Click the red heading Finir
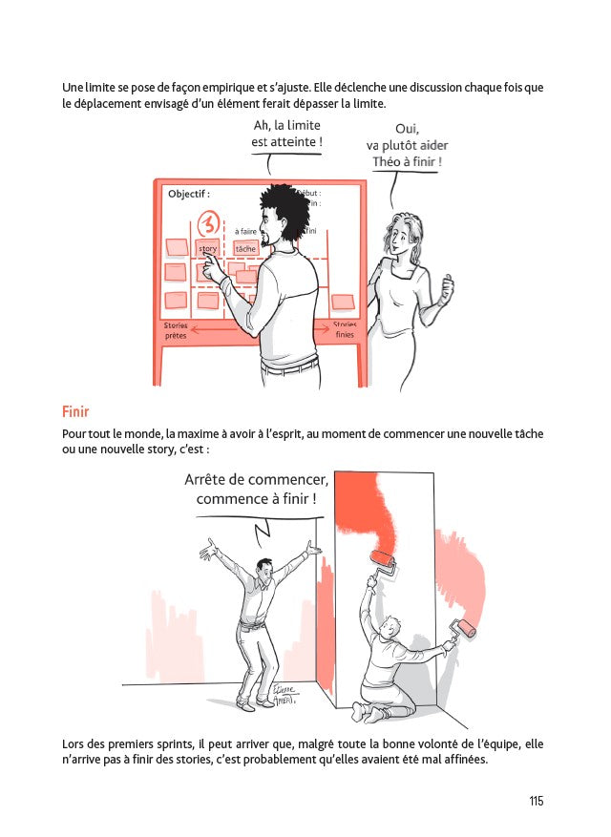tap(75, 412)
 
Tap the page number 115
tap(536, 801)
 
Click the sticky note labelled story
tap(207, 249)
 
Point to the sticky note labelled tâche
tap(245, 249)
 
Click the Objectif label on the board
tap(188, 194)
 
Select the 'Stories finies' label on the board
tap(345, 330)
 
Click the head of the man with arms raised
tap(255, 570)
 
